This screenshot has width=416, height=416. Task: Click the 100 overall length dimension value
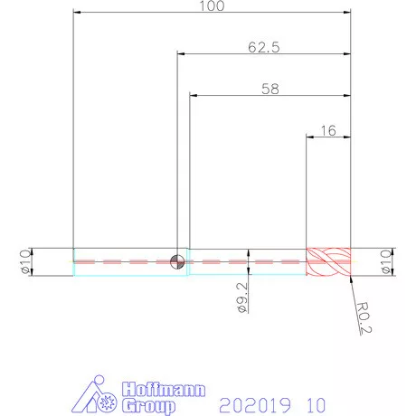pyautogui.click(x=212, y=6)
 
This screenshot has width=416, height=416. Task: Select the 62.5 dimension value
pyautogui.click(x=264, y=47)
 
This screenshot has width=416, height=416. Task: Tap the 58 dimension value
pyautogui.click(x=270, y=89)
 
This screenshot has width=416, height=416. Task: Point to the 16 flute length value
pyautogui.click(x=328, y=130)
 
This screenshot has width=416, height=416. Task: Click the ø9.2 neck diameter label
pyautogui.click(x=243, y=298)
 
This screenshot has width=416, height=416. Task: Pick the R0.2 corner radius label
pyautogui.click(x=364, y=318)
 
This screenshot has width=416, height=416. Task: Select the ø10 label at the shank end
pyautogui.click(x=26, y=261)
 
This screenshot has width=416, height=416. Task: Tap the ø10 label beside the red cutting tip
pyautogui.click(x=386, y=261)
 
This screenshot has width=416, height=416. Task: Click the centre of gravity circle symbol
pyautogui.click(x=177, y=261)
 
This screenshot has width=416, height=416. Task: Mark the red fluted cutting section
pyautogui.click(x=328, y=261)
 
